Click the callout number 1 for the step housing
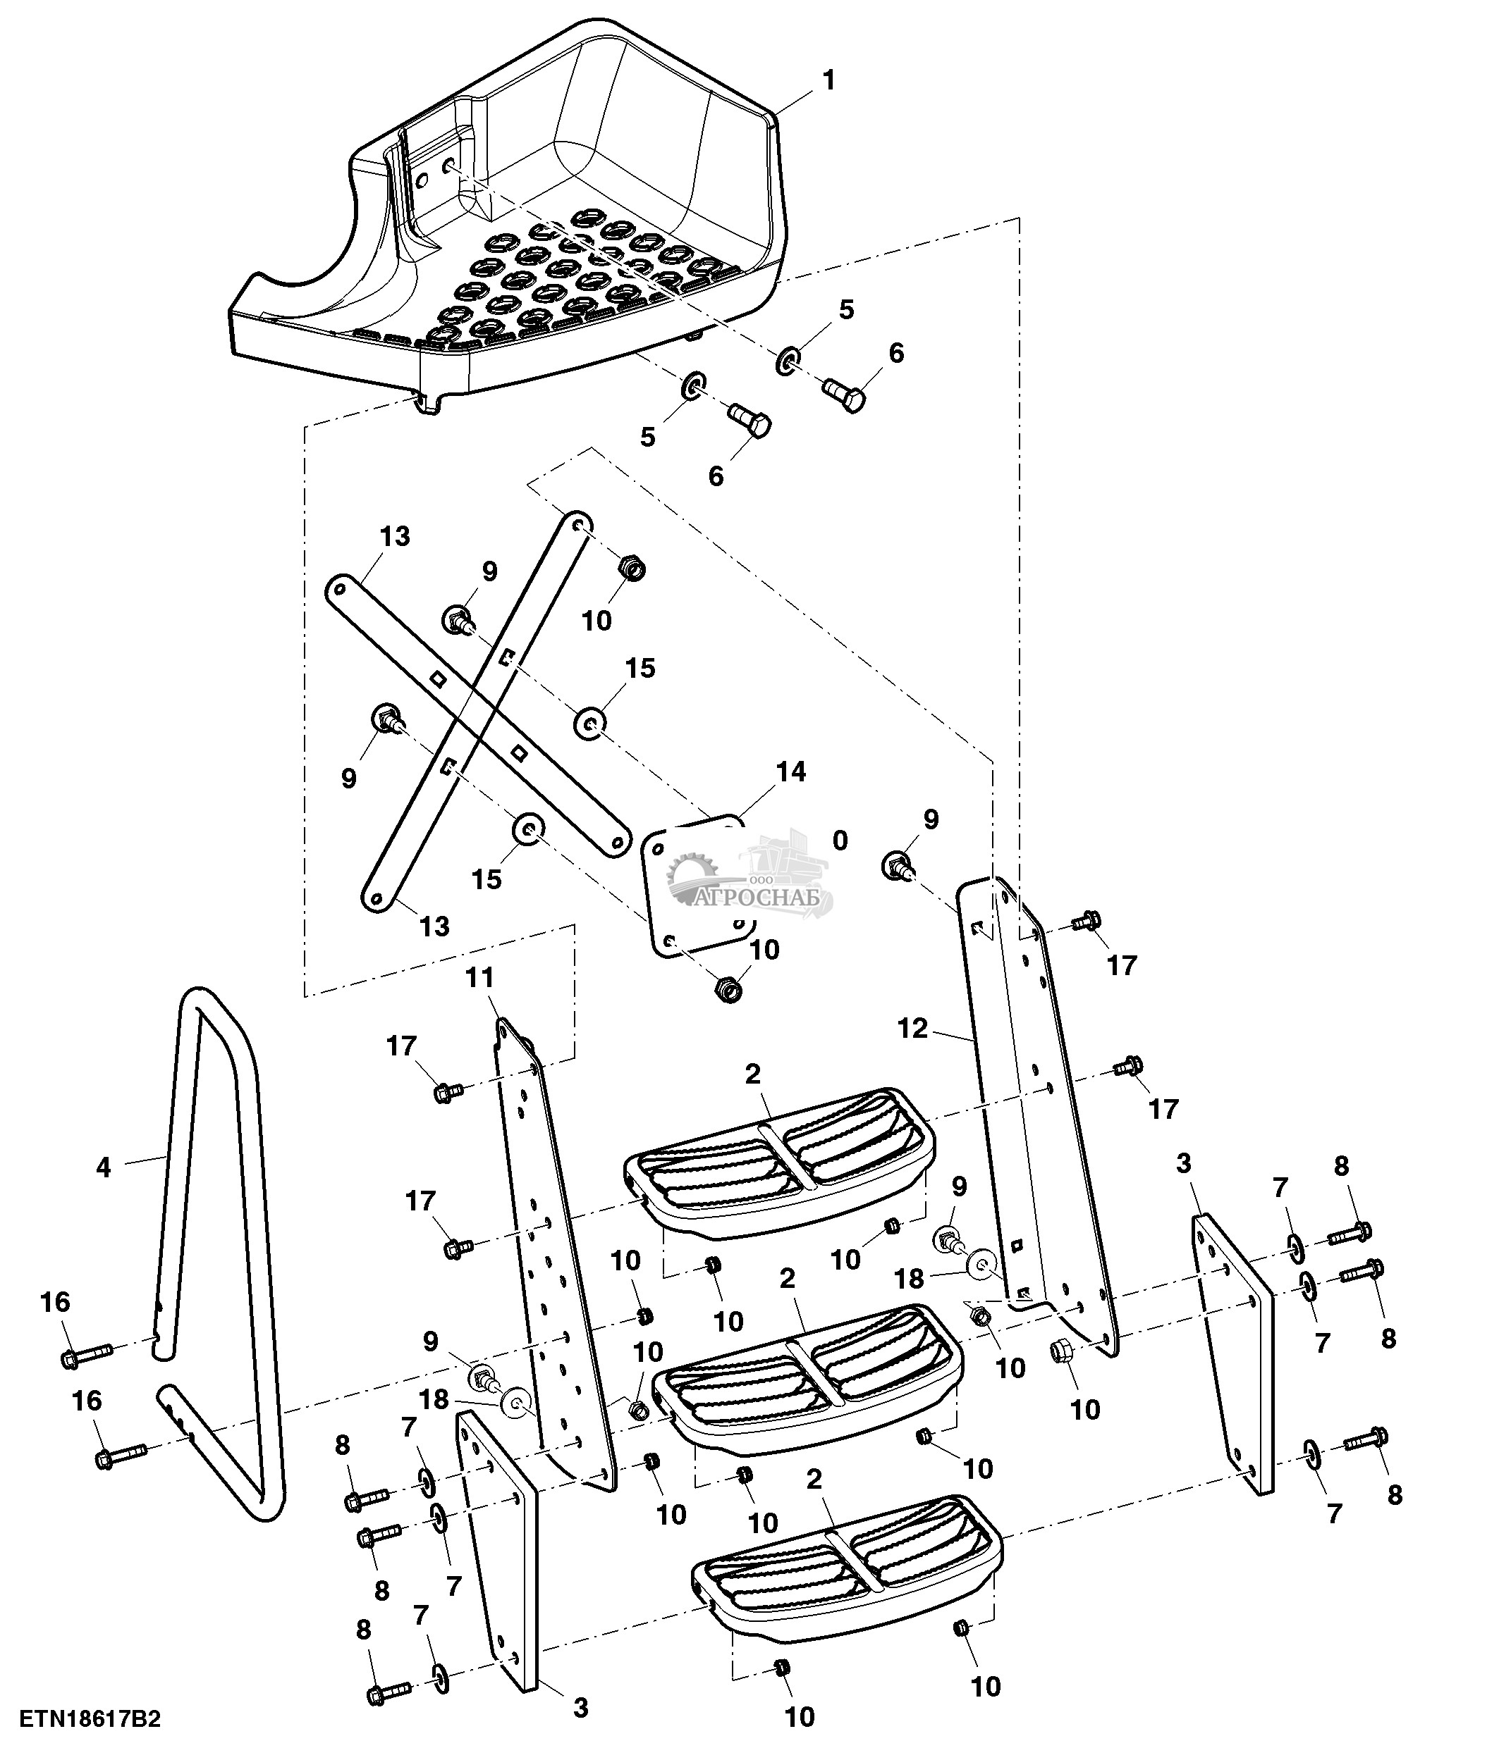(829, 81)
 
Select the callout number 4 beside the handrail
(103, 1168)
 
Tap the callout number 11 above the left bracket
(479, 978)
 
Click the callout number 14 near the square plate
(791, 772)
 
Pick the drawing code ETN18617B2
(90, 1718)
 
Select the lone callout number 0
(840, 841)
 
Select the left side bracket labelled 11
(553, 1265)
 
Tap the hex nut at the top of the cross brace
(631, 568)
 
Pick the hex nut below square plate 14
(728, 988)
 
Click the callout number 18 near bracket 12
(909, 1279)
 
